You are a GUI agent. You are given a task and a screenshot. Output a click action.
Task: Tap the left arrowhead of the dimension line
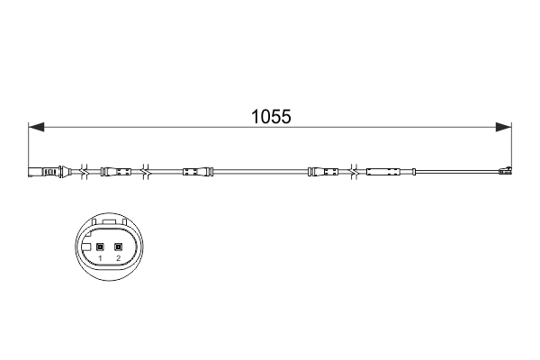[x=36, y=126]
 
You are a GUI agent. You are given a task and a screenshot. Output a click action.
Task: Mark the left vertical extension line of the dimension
[x=30, y=148]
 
